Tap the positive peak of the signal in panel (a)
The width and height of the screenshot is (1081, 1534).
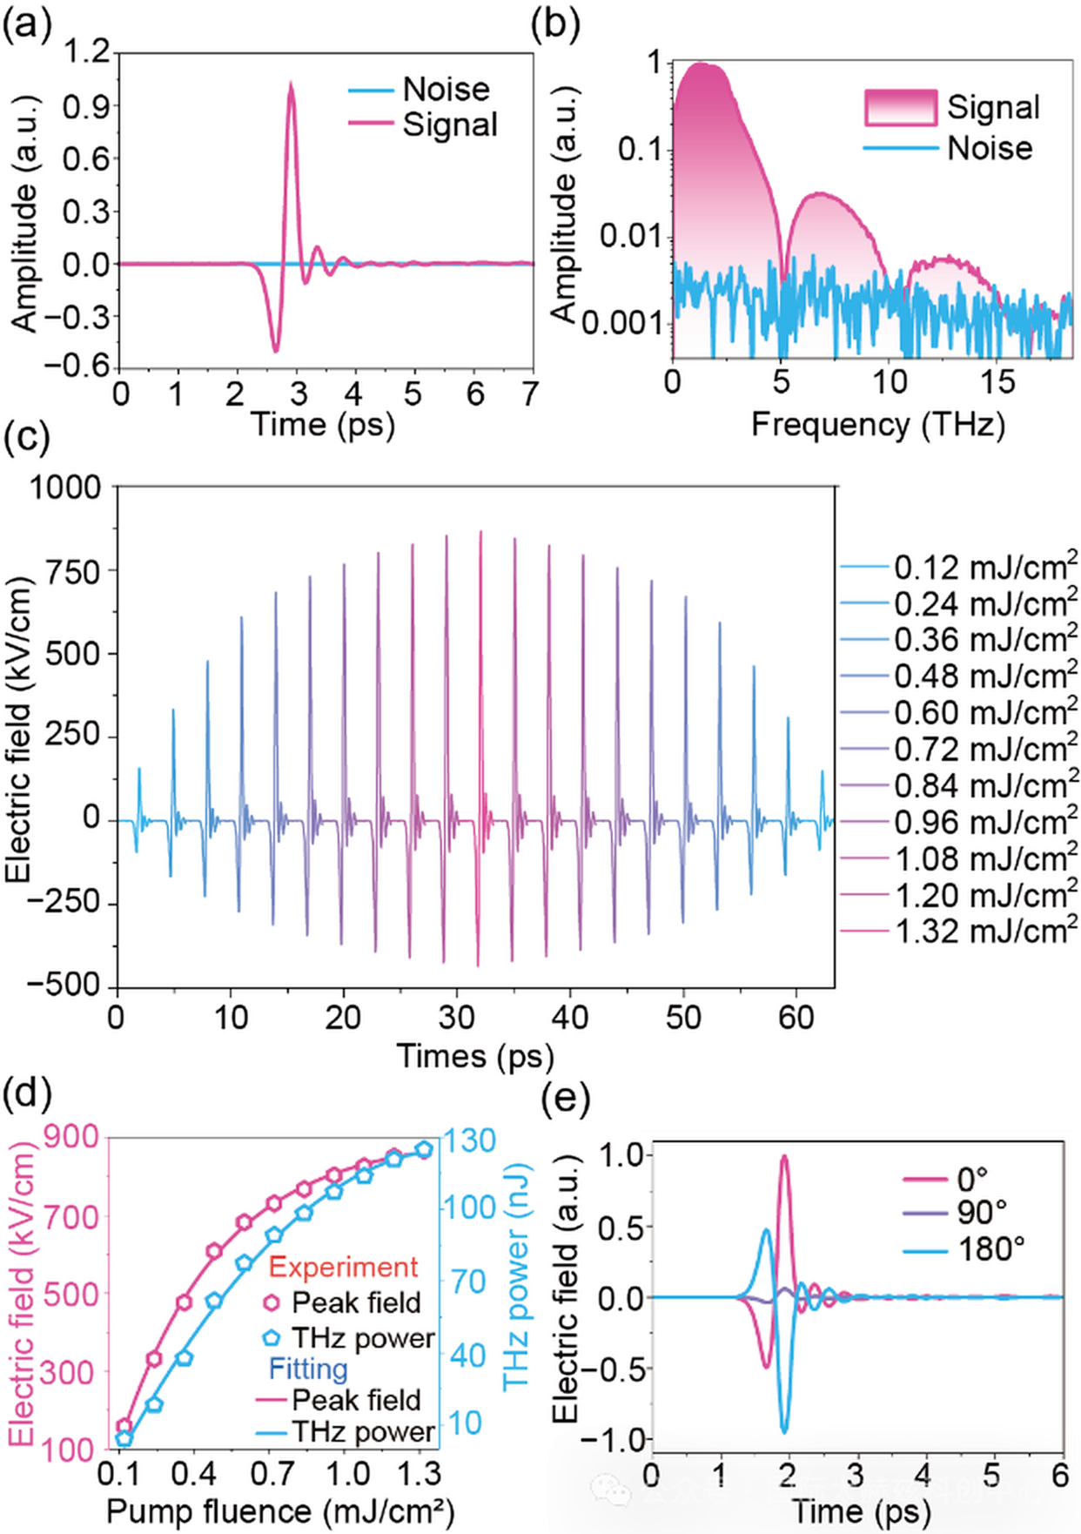click(x=291, y=84)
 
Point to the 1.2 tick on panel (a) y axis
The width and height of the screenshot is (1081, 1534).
click(x=87, y=52)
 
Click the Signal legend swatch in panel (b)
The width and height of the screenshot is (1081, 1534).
click(x=900, y=108)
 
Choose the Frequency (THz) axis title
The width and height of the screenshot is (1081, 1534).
click(x=877, y=424)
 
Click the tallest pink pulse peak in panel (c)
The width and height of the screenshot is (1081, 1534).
click(x=480, y=532)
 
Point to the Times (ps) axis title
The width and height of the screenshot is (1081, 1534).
click(x=475, y=1055)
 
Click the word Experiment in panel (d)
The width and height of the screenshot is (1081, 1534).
click(x=343, y=1267)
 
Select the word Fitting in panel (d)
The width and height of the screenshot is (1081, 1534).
click(x=308, y=1369)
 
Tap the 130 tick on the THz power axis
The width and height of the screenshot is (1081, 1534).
click(x=470, y=1140)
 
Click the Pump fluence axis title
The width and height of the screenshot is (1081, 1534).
click(x=280, y=1510)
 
